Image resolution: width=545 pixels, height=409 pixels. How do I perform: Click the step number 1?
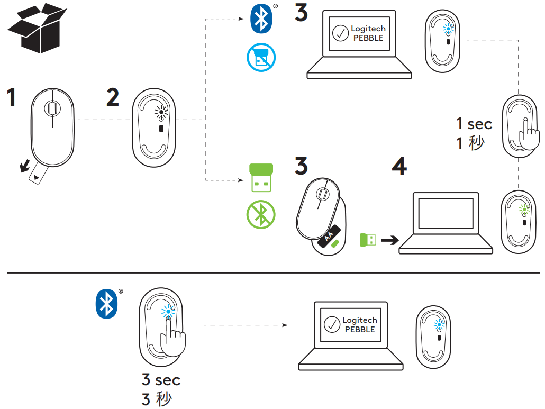pyautogui.click(x=11, y=98)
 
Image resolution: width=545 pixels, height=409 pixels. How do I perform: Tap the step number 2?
pyautogui.click(x=112, y=97)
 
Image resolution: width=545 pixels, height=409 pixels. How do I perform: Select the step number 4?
pyautogui.click(x=399, y=166)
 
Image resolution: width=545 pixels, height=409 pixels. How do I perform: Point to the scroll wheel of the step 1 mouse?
pyautogui.click(x=52, y=108)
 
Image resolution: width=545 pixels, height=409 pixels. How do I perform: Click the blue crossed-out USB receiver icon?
pyautogui.click(x=261, y=58)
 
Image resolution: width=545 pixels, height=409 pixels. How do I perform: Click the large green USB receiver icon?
pyautogui.click(x=261, y=178)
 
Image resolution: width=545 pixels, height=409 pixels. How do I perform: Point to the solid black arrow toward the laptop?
pyautogui.click(x=390, y=240)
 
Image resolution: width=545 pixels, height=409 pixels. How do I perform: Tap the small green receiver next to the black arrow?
pyautogui.click(x=367, y=240)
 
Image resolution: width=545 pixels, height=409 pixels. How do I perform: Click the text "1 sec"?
pyautogui.click(x=474, y=124)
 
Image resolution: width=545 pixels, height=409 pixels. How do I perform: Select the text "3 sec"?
pyautogui.click(x=161, y=380)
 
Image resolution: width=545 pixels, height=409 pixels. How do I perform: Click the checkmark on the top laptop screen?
pyautogui.click(x=340, y=33)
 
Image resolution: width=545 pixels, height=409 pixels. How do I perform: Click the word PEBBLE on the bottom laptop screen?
pyautogui.click(x=360, y=329)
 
